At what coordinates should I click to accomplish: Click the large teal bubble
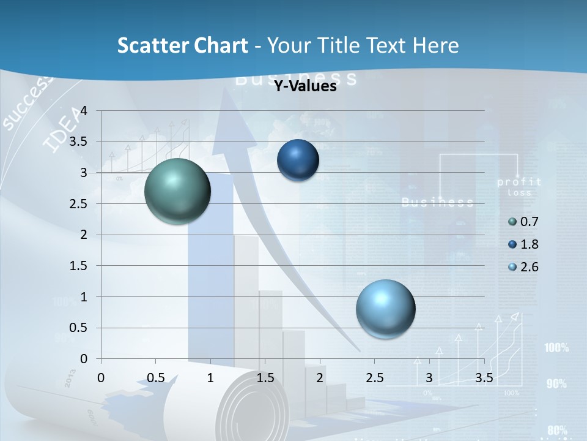click(x=178, y=191)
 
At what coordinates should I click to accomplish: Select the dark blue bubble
click(x=298, y=160)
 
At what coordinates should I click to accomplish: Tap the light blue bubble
click(x=385, y=309)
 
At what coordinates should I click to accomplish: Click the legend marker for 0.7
click(x=512, y=222)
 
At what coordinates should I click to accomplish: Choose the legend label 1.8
click(x=530, y=244)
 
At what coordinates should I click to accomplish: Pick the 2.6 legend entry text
click(x=530, y=267)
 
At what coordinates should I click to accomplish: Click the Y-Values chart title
click(x=305, y=86)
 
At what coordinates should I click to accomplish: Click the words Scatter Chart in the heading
click(x=182, y=45)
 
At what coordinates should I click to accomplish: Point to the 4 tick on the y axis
click(x=84, y=111)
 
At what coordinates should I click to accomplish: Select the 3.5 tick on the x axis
click(x=484, y=378)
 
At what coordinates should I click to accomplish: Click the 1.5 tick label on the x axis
click(x=265, y=378)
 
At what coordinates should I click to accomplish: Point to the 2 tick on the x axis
click(x=320, y=378)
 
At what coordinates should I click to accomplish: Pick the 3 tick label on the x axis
click(x=429, y=378)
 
